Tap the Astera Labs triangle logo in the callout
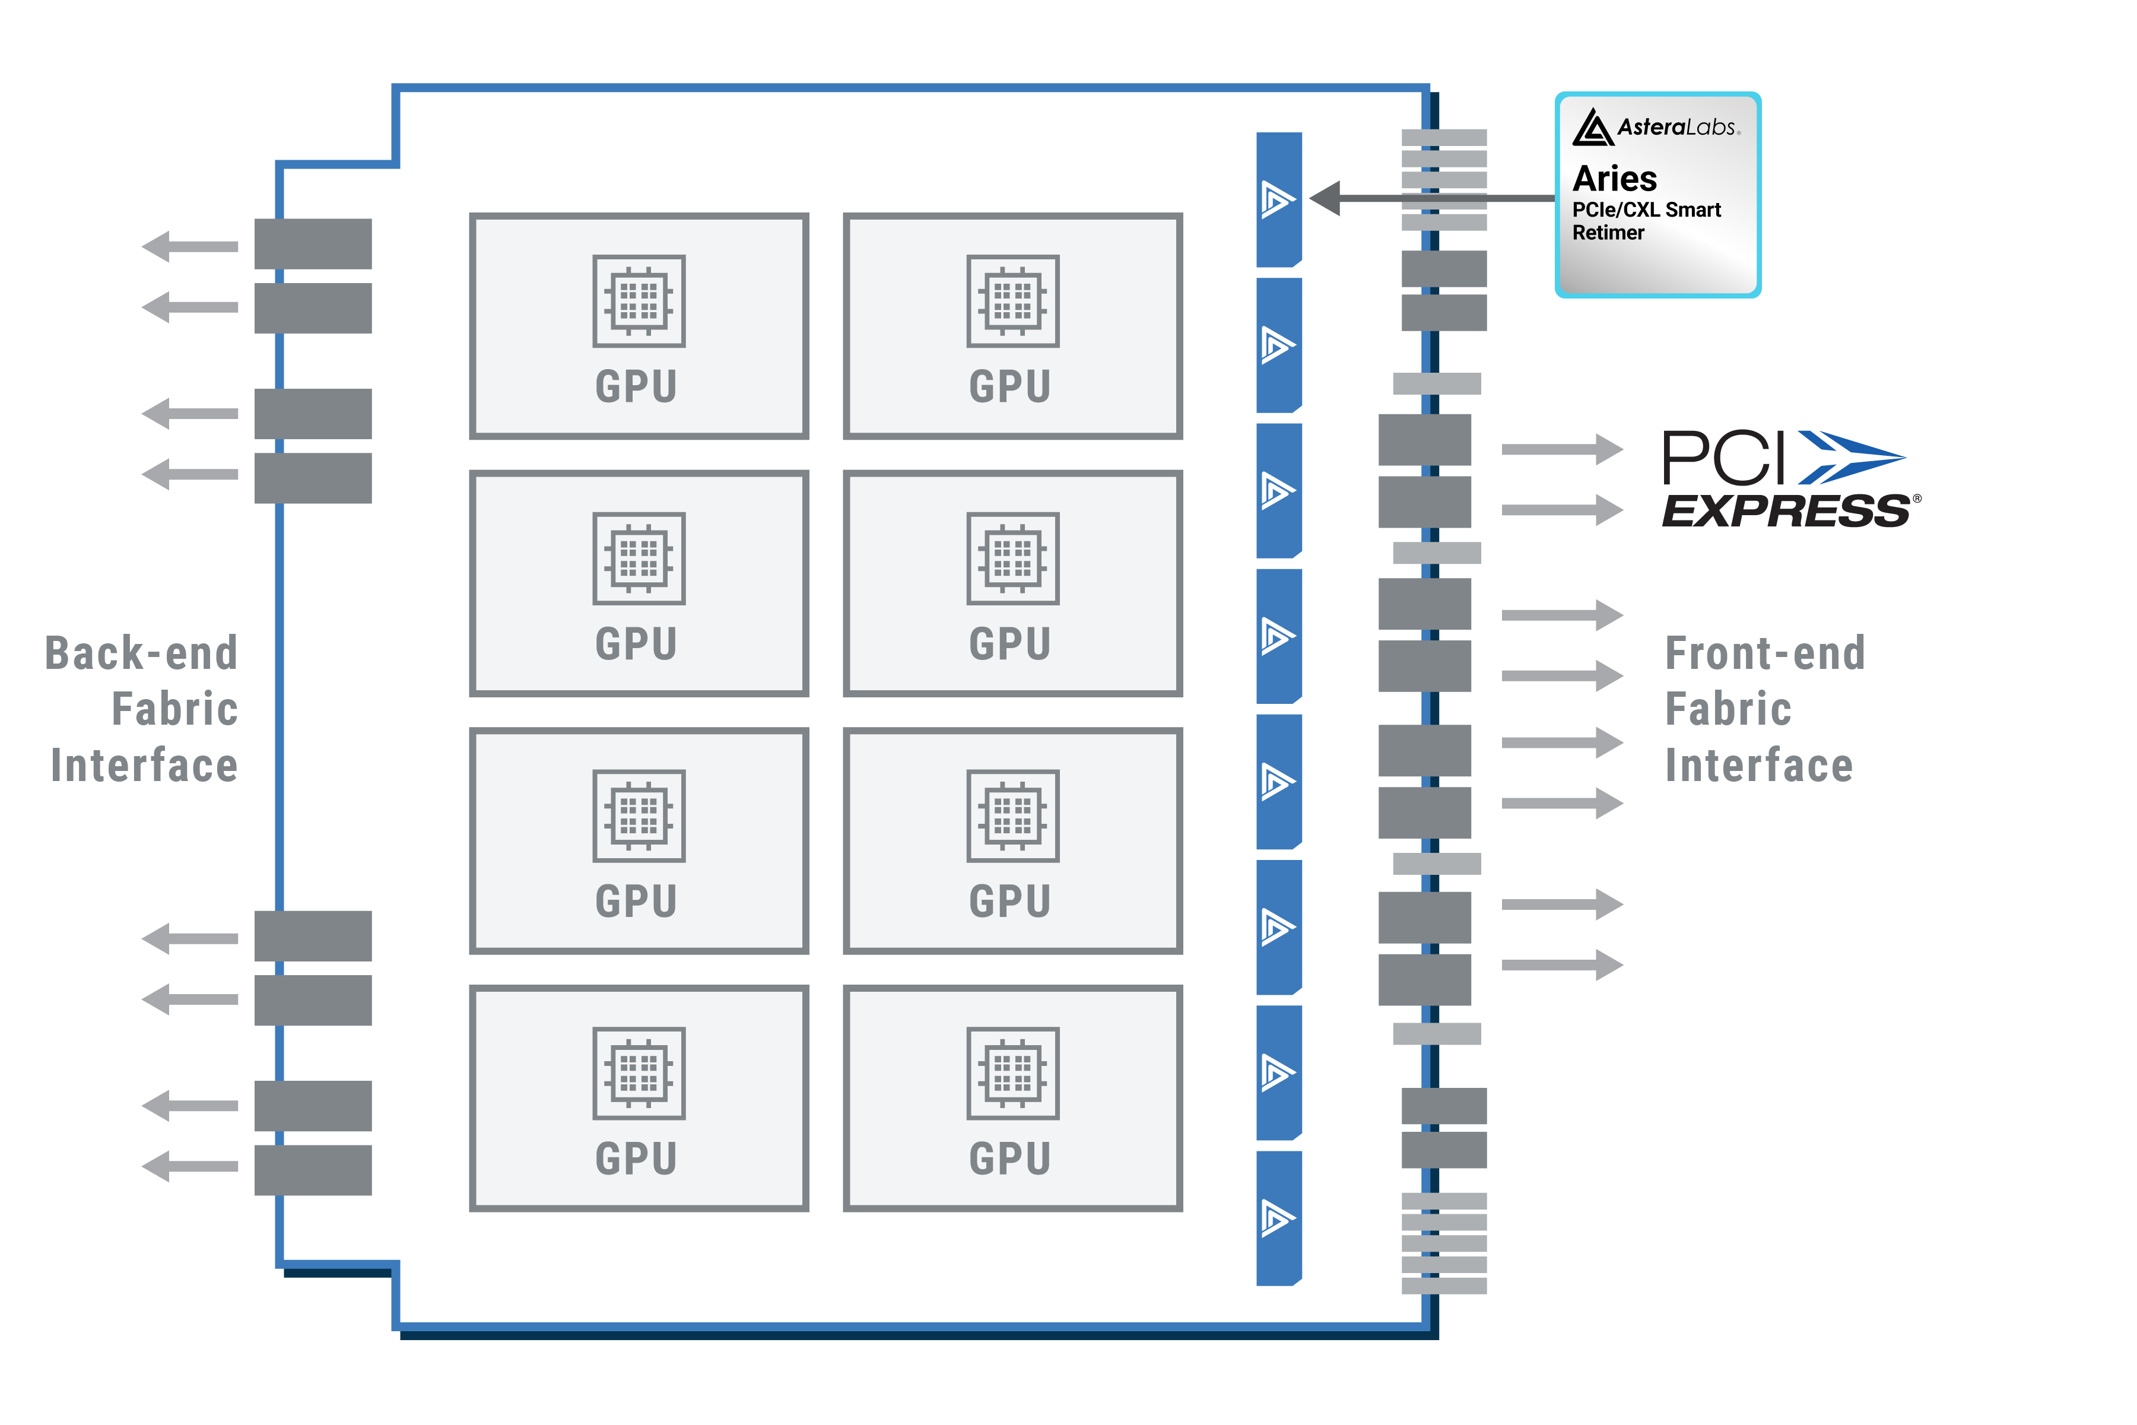1592,128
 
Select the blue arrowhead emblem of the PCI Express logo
1849,457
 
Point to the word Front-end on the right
1764,653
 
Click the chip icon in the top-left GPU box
639,301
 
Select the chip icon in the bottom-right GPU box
1012,1073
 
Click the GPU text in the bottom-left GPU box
636,1159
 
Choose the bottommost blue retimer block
1278,1218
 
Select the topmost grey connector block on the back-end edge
313,243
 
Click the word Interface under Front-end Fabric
1758,765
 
